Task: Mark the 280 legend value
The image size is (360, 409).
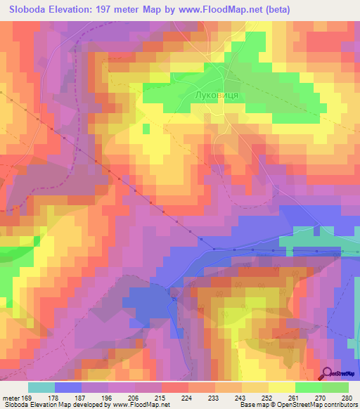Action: [345, 397]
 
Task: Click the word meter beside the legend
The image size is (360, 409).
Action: [11, 397]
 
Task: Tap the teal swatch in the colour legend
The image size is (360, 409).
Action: [41, 387]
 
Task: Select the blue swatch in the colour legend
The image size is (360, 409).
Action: [67, 387]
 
